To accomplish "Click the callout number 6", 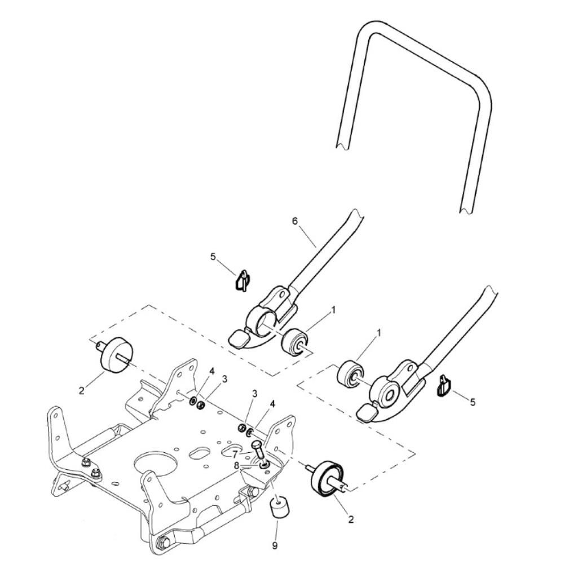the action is point(295,221).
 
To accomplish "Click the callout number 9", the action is point(275,545).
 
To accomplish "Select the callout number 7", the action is point(235,454).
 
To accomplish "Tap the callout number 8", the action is point(236,465).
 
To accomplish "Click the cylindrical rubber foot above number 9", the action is point(277,506).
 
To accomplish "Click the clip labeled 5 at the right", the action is point(443,385).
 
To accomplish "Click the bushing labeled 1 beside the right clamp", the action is point(350,375).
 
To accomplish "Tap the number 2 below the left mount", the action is point(82,390).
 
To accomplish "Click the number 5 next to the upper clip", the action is point(213,257).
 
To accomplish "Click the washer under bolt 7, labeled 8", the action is point(263,465).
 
